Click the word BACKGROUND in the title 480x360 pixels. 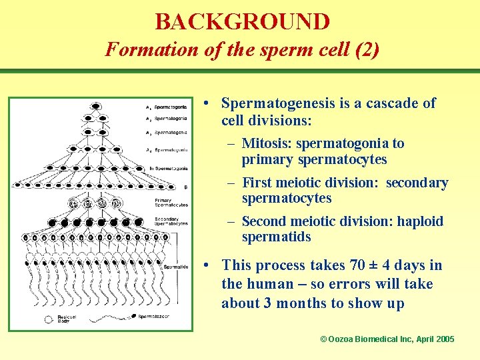tap(242, 21)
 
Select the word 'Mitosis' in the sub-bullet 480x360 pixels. tap(267, 143)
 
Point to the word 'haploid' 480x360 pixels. tap(420, 221)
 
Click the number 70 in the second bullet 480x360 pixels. tap(357, 265)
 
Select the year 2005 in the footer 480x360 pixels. tap(445, 339)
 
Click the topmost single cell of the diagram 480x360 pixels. tap(96, 106)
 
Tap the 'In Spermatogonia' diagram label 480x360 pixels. tap(168, 168)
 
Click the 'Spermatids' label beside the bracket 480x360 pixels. tap(176, 267)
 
